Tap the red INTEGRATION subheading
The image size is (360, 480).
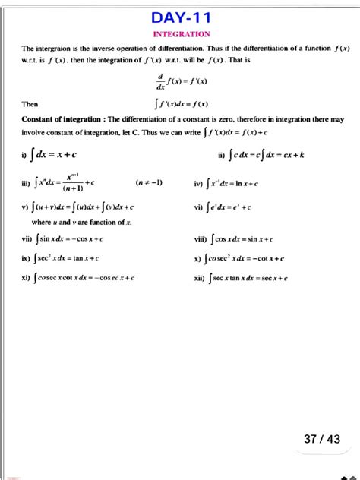point(181,34)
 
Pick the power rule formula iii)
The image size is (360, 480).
point(64,182)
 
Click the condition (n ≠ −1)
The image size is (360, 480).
point(148,183)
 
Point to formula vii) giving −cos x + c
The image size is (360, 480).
point(73,238)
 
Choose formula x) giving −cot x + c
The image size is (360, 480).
point(246,258)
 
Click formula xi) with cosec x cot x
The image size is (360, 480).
point(84,278)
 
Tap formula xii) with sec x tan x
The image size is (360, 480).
point(247,278)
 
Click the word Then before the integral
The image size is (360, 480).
point(30,104)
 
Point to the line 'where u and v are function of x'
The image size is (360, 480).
point(82,222)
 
